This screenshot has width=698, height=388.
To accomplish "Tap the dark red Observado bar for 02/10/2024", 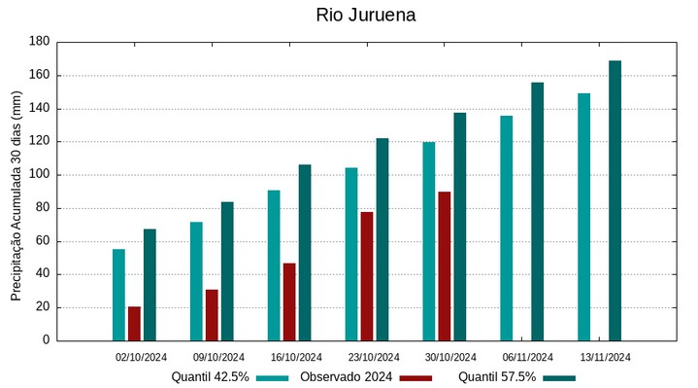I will [x=134, y=324].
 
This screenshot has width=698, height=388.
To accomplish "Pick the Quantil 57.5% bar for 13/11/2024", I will [x=615, y=200].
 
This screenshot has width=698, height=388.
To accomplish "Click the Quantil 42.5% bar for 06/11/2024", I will [x=506, y=228].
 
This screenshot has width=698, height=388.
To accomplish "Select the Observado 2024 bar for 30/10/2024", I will [x=444, y=265].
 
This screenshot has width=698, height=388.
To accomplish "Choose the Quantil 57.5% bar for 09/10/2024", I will [x=227, y=270].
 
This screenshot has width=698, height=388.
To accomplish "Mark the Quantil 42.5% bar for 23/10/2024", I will [x=350, y=254].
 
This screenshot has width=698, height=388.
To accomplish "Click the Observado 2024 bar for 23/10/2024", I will [x=367, y=276].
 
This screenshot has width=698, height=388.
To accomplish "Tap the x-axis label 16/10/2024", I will [x=296, y=356].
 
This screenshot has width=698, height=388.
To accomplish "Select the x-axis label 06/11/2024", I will [x=528, y=356].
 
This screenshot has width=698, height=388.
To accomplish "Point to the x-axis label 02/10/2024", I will [x=141, y=356].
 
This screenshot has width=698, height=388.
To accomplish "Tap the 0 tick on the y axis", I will [x=45, y=340].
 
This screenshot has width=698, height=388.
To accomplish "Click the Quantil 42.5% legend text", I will [x=211, y=376].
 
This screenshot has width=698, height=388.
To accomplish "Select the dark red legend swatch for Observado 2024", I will [x=415, y=377].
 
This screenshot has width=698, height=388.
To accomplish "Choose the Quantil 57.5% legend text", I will [x=496, y=376].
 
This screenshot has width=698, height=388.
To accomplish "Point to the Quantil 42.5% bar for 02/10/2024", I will [x=118, y=295].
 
